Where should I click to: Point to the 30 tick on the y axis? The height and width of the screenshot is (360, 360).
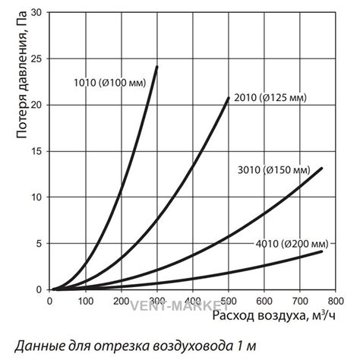(39, 12)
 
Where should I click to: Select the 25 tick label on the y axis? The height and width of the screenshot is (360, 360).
(39, 58)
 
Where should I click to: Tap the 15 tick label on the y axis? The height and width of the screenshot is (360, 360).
(39, 151)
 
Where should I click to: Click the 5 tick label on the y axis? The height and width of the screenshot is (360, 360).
(41, 243)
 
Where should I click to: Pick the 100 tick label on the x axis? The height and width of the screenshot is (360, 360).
(85, 300)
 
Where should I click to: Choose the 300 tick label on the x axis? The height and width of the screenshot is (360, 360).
(157, 300)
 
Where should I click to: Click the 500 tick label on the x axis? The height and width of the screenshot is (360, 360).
(229, 300)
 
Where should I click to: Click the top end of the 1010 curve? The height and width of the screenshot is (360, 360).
(157, 67)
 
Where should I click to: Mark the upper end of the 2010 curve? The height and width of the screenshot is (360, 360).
(229, 98)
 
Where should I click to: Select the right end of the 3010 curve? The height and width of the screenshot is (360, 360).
(322, 169)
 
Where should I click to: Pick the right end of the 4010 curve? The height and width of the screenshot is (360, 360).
(322, 251)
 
